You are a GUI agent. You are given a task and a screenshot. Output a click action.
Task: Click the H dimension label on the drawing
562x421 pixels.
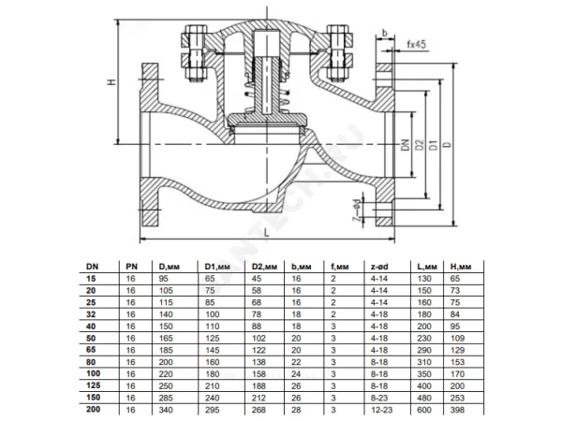pyautogui.click(x=112, y=82)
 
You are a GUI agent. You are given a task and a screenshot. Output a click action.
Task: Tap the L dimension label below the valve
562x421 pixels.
pyautogui.click(x=266, y=233)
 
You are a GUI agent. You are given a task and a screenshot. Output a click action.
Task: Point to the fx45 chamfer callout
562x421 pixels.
pyautogui.click(x=417, y=44)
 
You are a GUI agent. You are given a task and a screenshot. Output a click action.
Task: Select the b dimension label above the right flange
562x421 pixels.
pyautogui.click(x=385, y=34)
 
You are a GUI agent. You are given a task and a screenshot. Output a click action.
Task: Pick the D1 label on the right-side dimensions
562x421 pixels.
pyautogui.click(x=434, y=145)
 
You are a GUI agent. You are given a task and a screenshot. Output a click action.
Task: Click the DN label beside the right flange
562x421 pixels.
pyautogui.click(x=406, y=145)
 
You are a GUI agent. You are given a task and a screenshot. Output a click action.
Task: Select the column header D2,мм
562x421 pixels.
pyautogui.click(x=264, y=267)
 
